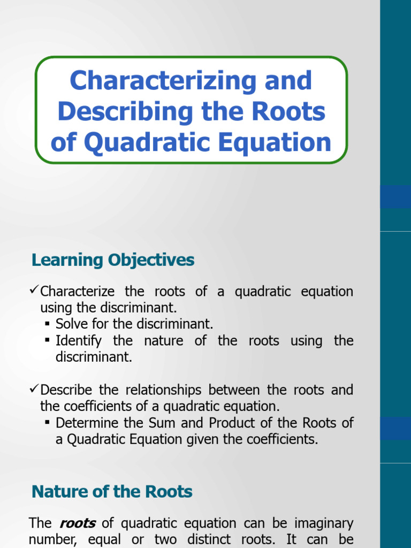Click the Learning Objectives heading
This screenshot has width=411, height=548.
[113, 260]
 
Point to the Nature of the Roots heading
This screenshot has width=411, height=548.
[112, 491]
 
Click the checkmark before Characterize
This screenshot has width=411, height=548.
[35, 292]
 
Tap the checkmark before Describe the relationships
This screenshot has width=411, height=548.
[35, 390]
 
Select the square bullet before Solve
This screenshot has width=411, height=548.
[48, 324]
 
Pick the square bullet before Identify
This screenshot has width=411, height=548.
[48, 341]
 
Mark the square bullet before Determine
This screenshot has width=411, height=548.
[48, 423]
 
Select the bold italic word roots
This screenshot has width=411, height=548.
[77, 523]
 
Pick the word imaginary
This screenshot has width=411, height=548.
[324, 523]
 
